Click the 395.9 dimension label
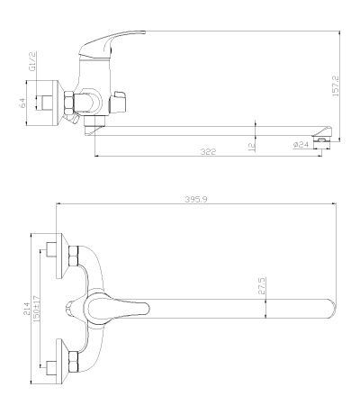[196, 199]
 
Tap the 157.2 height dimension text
[336, 85]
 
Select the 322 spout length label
[208, 152]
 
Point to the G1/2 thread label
[32, 61]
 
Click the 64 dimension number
[22, 103]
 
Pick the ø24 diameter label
[301, 145]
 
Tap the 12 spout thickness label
[252, 146]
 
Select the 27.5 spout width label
[262, 285]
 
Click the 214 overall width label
[27, 309]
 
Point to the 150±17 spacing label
[36, 309]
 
